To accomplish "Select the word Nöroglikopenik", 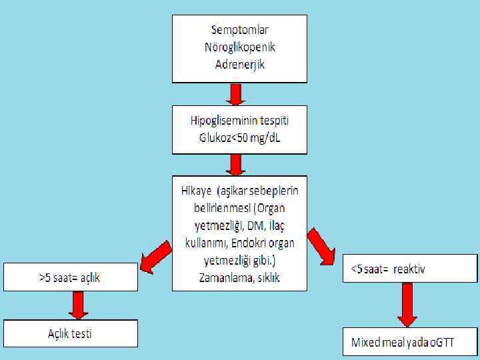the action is click(239, 47).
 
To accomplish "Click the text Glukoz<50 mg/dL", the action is click(240, 138).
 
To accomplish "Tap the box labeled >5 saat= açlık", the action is click(71, 277).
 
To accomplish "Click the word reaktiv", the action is click(409, 269).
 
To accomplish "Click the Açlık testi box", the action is click(71, 333).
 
